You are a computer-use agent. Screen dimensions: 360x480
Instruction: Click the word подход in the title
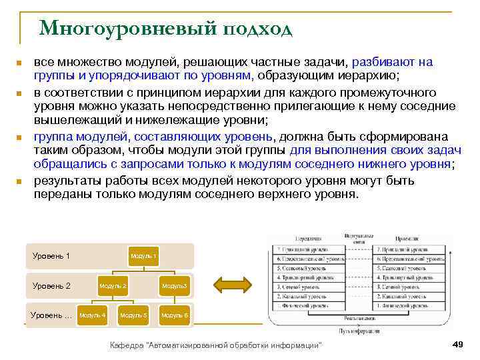(x=258, y=29)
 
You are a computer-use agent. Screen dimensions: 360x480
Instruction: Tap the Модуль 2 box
(x=113, y=286)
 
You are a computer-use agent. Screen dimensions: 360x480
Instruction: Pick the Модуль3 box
(x=175, y=286)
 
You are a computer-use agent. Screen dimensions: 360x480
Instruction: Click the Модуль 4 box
(x=92, y=315)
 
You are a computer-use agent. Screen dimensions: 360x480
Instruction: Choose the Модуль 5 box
(x=133, y=315)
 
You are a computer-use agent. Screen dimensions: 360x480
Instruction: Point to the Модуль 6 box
(x=175, y=315)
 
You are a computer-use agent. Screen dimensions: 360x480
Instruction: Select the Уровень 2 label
(x=51, y=286)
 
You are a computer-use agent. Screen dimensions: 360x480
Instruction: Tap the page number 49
(x=457, y=344)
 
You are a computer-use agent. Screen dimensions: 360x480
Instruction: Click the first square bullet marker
(x=19, y=63)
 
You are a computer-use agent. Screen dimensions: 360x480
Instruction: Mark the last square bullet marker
(x=19, y=182)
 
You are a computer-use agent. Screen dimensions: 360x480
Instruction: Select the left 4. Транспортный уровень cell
(x=309, y=276)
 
